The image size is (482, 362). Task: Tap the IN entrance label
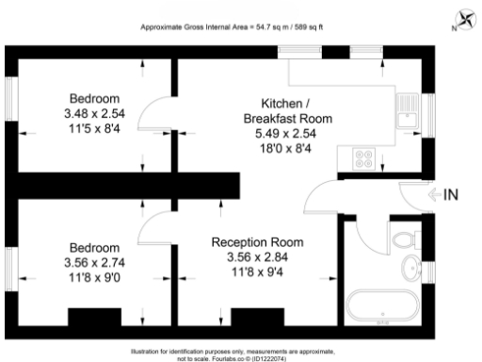[451, 195]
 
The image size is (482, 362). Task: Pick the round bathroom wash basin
[411, 270]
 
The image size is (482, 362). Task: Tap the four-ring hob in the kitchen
[363, 160]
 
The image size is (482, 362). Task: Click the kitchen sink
[409, 113]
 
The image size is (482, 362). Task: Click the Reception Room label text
[253, 241]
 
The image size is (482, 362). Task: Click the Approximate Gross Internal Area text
[232, 26]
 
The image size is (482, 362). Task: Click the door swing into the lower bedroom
[151, 226]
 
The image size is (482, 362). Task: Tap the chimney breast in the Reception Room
[257, 316]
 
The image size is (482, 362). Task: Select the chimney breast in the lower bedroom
[93, 316]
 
